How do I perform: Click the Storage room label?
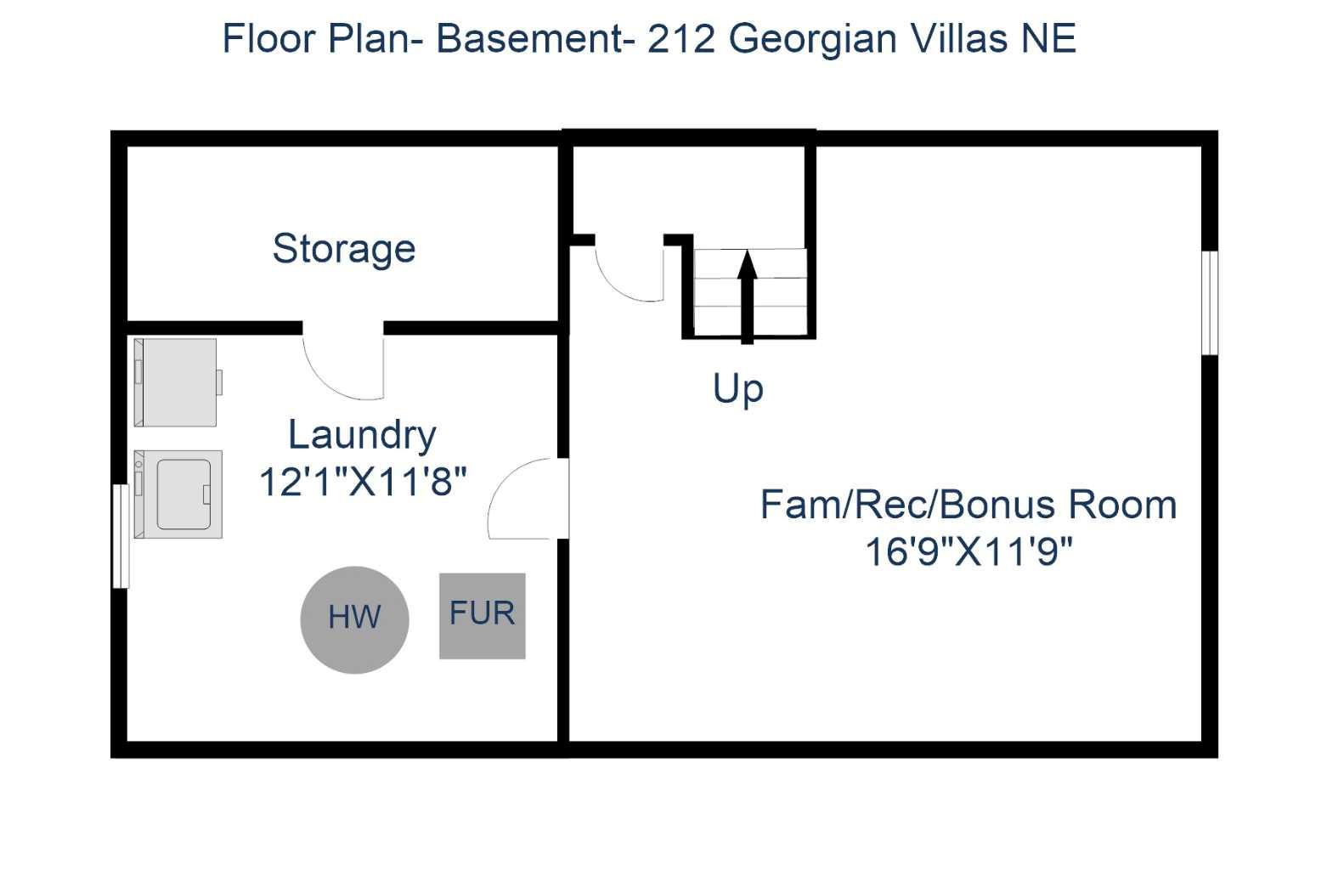pyautogui.click(x=343, y=249)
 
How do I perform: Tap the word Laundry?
pyautogui.click(x=362, y=434)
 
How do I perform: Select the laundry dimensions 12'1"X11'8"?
pyautogui.click(x=363, y=482)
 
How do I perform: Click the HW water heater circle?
pyautogui.click(x=354, y=619)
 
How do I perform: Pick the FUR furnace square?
pyautogui.click(x=482, y=615)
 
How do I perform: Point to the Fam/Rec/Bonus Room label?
pyautogui.click(x=968, y=505)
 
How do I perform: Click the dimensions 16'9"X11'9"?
pyautogui.click(x=968, y=551)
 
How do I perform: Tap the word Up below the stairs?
pyautogui.click(x=737, y=389)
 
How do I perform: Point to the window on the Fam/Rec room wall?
pyautogui.click(x=1210, y=302)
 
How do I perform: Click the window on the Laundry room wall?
pyautogui.click(x=121, y=535)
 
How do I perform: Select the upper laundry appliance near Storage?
pyautogui.click(x=178, y=382)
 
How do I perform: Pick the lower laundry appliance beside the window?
pyautogui.click(x=178, y=494)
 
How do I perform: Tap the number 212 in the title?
pyautogui.click(x=680, y=39)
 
